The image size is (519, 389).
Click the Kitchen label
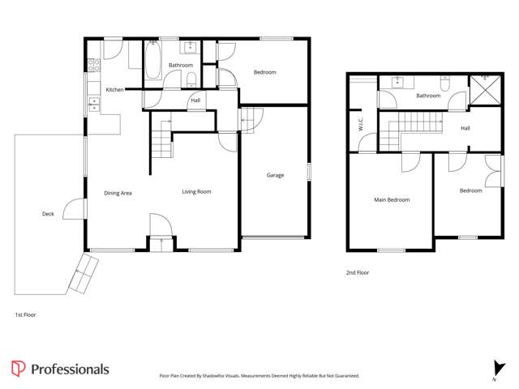(114, 89)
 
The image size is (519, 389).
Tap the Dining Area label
(118, 192)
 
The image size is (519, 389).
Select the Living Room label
(196, 192)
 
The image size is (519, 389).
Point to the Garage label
(275, 175)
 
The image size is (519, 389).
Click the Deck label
(49, 214)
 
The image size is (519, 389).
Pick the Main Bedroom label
(392, 199)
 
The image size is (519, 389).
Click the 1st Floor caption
(25, 314)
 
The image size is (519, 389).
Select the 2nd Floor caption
(358, 273)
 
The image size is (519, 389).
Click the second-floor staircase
(414, 130)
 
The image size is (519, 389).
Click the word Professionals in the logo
(70, 370)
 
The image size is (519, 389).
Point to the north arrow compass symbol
(494, 369)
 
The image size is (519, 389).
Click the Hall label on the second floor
(465, 128)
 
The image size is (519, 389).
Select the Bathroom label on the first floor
(181, 65)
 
